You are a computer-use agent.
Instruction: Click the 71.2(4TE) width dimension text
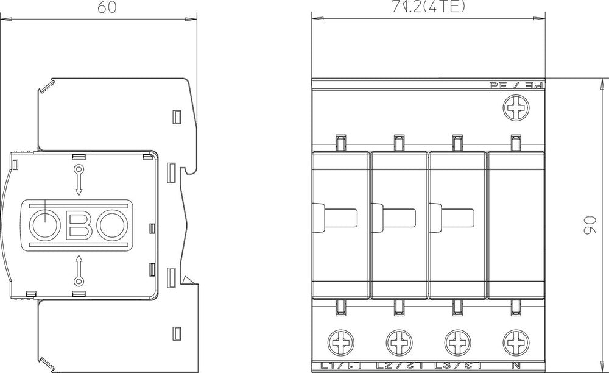tap(431, 7)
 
